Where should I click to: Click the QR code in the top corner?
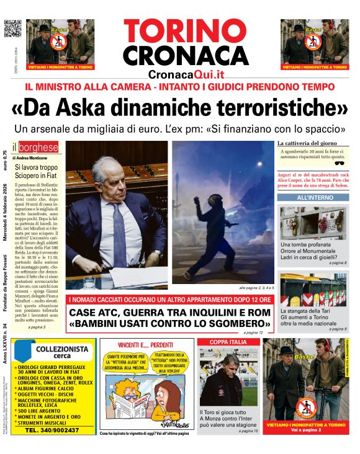(12, 29)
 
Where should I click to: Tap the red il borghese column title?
(38, 148)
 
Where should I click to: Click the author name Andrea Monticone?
(32, 158)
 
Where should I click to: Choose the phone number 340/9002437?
(52, 430)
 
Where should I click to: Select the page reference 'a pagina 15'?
(248, 430)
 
